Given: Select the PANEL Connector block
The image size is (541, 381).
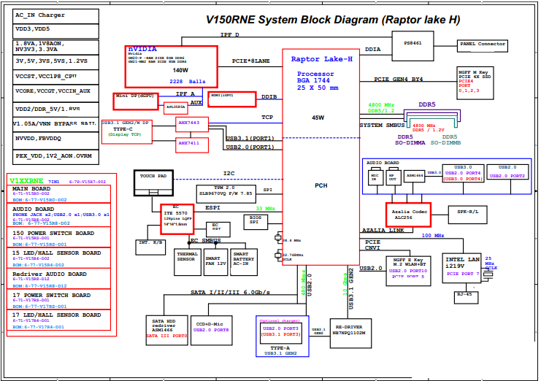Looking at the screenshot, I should pos(483,45).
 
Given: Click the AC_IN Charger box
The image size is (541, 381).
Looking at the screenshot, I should pos(41,15).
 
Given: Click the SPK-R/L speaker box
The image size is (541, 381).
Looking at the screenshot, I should pos(467,212).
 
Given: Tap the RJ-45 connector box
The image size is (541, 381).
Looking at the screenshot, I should pos(463,296).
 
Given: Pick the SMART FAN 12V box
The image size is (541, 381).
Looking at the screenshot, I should pos(215,261).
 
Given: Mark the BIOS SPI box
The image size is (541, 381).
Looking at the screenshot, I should pos(256,218).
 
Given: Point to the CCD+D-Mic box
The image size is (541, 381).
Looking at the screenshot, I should pos(212,326).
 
